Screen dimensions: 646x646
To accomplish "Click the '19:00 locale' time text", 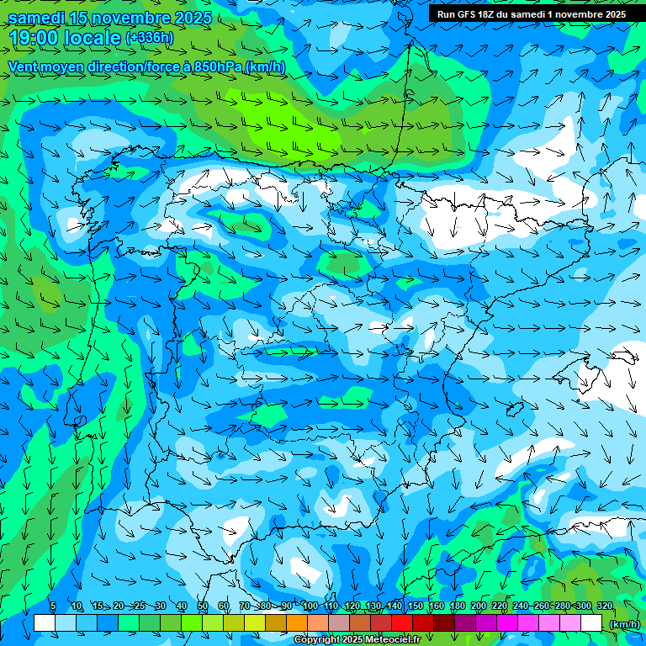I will (64, 37).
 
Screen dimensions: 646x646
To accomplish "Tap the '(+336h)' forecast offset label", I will (150, 37).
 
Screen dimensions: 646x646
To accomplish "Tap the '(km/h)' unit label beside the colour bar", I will (624, 624).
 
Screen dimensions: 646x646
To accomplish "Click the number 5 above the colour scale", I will (52, 606).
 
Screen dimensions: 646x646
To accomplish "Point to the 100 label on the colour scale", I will (310, 606).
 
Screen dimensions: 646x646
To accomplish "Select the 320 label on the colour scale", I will (605, 606).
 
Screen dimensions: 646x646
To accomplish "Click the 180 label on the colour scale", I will (457, 606).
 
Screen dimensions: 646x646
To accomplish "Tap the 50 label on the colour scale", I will (203, 606).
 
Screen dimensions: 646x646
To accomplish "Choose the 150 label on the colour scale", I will (416, 606).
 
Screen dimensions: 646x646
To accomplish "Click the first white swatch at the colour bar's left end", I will (45, 623).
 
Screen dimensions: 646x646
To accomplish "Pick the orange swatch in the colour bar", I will (297, 623).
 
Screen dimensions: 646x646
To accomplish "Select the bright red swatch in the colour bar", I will (402, 623).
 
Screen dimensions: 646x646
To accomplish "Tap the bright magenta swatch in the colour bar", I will (507, 623).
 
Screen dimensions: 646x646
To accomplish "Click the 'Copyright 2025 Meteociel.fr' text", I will (357, 640).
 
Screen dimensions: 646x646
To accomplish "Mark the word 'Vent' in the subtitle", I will (24, 66).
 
